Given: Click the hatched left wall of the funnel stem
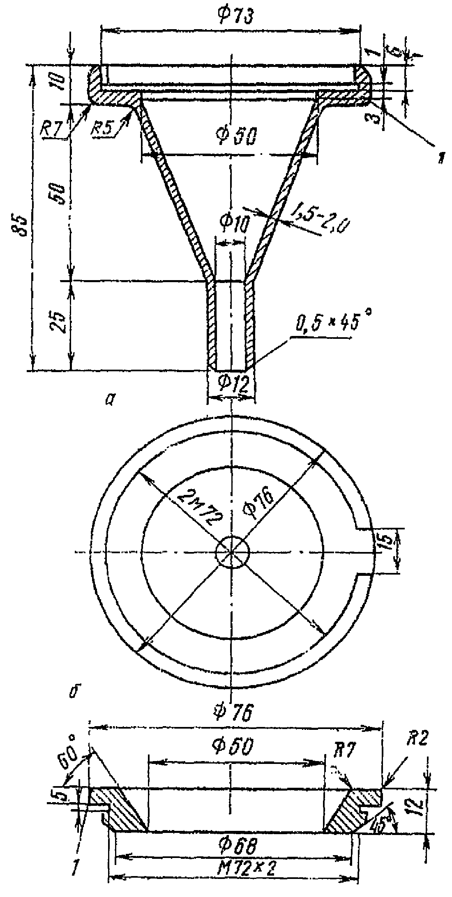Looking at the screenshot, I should coord(211,324).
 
